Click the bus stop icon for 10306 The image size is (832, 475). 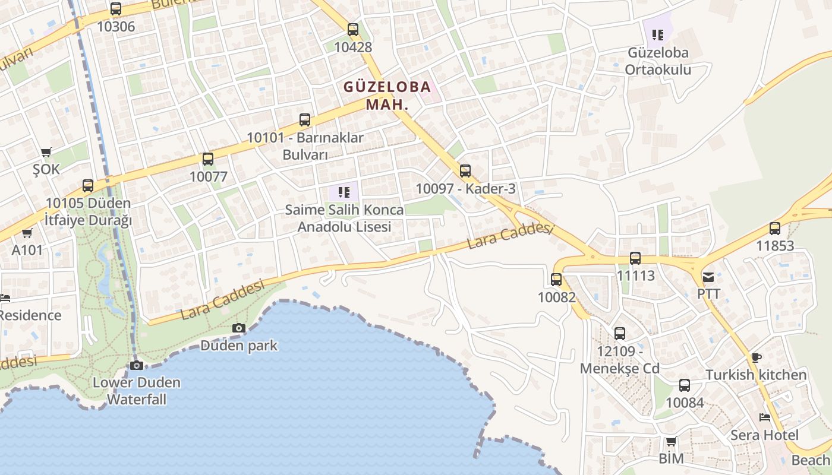[116, 9]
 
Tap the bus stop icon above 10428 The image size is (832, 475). [353, 29]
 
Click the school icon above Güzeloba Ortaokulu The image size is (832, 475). [657, 35]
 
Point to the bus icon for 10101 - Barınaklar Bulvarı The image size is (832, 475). [305, 120]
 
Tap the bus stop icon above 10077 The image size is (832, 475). [207, 159]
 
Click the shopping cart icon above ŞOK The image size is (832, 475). [46, 152]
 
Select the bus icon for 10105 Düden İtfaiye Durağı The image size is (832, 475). [88, 186]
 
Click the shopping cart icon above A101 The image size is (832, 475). [27, 233]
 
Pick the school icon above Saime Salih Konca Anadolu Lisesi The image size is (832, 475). [343, 192]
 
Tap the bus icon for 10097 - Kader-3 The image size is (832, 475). [465, 171]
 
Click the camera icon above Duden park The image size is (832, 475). [238, 328]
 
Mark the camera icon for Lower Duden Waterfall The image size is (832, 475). [137, 365]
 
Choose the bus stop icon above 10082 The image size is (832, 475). [556, 279]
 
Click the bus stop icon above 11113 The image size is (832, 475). [635, 258]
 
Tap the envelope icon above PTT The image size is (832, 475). [708, 277]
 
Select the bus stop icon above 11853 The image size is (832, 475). [774, 228]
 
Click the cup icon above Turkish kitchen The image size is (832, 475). [756, 357]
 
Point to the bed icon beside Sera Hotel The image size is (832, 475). [765, 417]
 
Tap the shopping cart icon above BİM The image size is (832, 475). [671, 441]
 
